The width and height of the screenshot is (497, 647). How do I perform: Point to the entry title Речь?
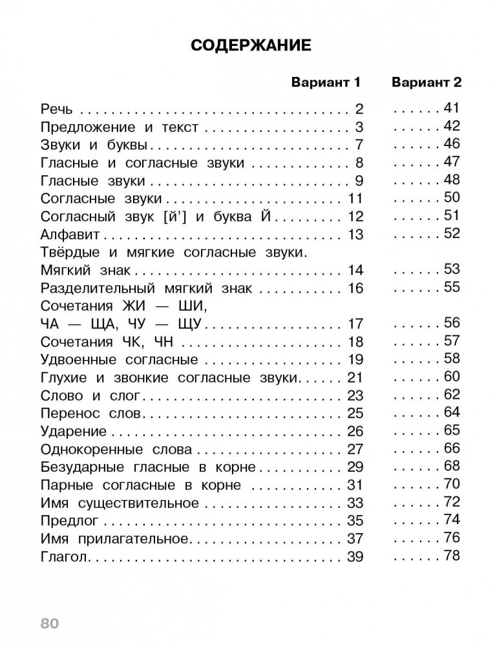click(x=58, y=109)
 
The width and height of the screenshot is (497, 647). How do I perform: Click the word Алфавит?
click(x=69, y=234)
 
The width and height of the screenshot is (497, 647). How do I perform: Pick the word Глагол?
click(x=63, y=556)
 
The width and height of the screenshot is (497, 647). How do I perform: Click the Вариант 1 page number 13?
click(x=356, y=234)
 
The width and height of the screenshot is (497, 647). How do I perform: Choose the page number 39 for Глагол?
click(x=356, y=556)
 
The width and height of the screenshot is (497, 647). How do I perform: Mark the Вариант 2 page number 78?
click(x=451, y=555)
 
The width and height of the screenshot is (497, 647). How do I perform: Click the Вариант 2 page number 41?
click(x=451, y=107)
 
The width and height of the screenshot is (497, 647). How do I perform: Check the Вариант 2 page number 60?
click(x=451, y=376)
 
